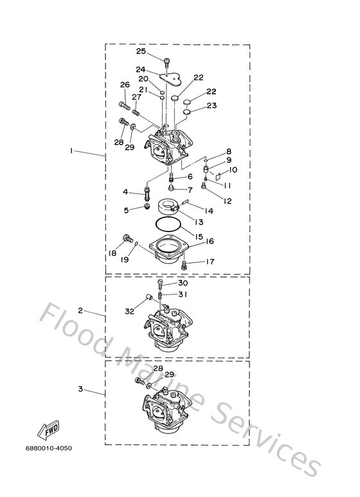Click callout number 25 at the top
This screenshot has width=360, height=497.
tap(141, 51)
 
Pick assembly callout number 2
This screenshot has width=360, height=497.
tap(81, 311)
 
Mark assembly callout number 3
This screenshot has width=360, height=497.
tap(81, 389)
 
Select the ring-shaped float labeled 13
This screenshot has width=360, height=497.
tap(170, 208)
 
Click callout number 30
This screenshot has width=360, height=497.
tap(183, 283)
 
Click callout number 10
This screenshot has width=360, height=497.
tap(233, 170)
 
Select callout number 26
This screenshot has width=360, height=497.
tap(125, 85)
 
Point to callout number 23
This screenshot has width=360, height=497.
tap(211, 105)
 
